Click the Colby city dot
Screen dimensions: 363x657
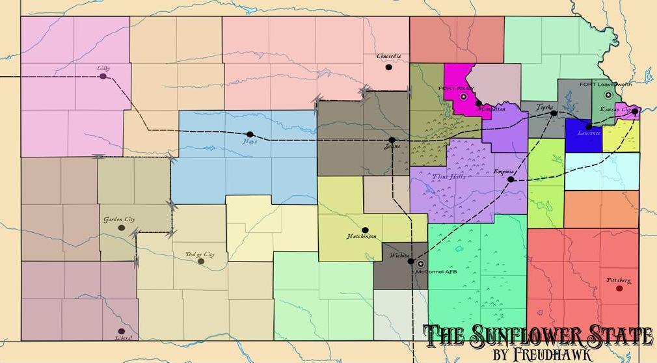[x=103, y=77]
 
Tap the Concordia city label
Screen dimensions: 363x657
[x=388, y=57]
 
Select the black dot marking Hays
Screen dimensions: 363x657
[x=250, y=135]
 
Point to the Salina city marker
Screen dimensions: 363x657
[x=392, y=140]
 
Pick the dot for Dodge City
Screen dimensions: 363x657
[x=201, y=262]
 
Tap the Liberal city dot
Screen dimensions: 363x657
[x=121, y=331]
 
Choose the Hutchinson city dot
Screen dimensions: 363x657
[x=365, y=230]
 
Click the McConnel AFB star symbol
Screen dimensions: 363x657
[x=420, y=263]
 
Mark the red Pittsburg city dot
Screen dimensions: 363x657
[x=619, y=288]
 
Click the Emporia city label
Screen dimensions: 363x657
[x=505, y=172]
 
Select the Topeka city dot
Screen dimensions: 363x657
[x=554, y=113]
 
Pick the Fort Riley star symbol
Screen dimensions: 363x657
[x=464, y=96]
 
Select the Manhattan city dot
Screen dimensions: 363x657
[x=478, y=103]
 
